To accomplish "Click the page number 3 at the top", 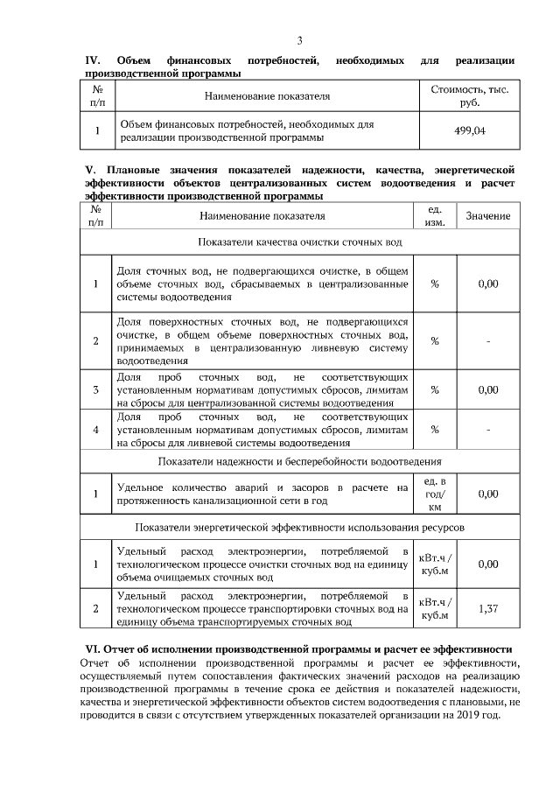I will click(299, 41).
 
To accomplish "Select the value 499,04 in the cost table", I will click(471, 131).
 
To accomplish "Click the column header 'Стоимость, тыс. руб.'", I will click(471, 96).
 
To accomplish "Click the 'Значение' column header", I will click(488, 216).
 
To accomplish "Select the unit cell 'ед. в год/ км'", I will click(435, 494).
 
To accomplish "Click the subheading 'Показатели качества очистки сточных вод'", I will click(301, 241).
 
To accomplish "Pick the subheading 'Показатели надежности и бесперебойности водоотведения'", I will click(301, 460).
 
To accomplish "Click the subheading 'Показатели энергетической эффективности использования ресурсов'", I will click(301, 528).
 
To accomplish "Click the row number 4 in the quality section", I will click(95, 429).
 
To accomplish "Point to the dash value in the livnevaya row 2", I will click(488, 340).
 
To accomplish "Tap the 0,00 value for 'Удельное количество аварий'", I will click(488, 494).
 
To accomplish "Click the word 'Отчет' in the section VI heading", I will click(122, 649).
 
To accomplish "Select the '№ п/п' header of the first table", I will click(97, 96).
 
